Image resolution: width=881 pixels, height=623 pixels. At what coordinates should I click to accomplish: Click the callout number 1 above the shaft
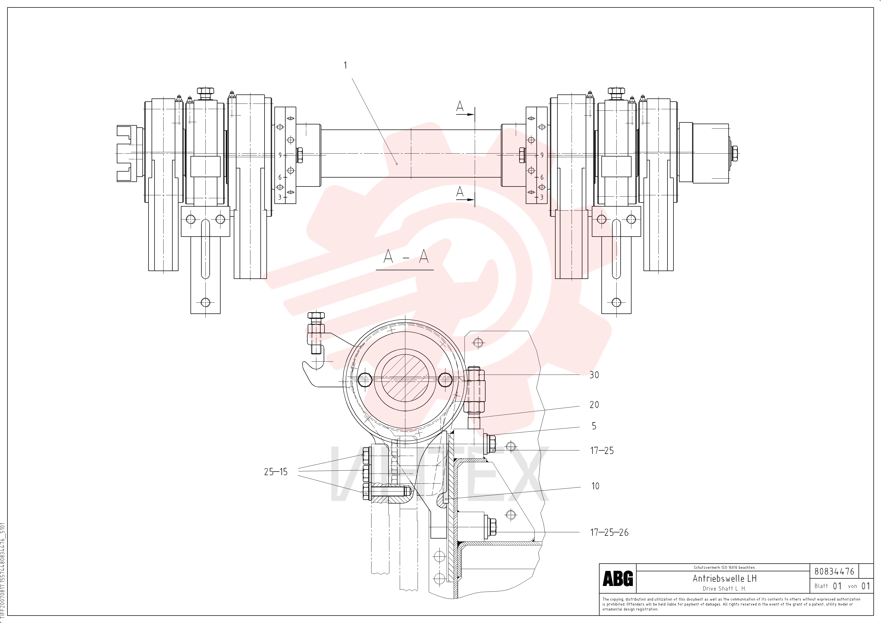click(x=345, y=65)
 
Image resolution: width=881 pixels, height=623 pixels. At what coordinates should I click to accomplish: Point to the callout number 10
click(x=595, y=486)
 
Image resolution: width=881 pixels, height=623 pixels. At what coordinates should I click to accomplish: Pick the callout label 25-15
click(x=275, y=472)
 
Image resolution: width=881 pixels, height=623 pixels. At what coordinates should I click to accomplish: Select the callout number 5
click(x=594, y=426)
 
